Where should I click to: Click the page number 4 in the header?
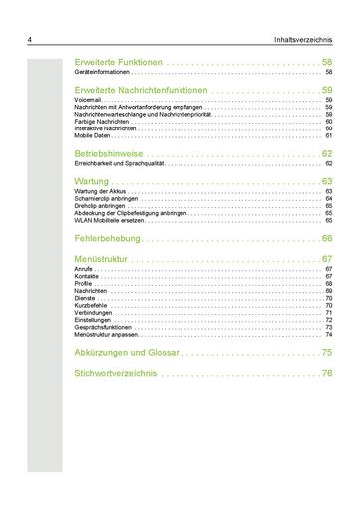click(31, 40)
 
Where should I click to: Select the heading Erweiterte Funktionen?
click(118, 63)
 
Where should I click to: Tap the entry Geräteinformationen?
click(102, 74)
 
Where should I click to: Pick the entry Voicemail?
click(90, 100)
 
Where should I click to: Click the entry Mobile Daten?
click(92, 135)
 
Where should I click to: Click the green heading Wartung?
click(94, 181)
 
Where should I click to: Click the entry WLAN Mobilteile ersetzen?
click(109, 219)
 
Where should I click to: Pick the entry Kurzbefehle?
click(92, 305)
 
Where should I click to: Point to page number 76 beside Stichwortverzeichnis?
click(326, 373)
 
